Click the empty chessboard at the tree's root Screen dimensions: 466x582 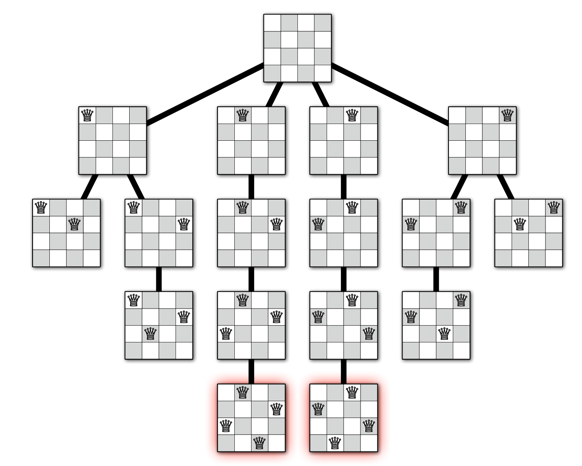click(297, 48)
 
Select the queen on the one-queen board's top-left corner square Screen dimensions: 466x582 click(87, 115)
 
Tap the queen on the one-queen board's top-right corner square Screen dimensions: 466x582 click(507, 115)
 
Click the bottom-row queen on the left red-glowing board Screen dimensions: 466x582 click(259, 443)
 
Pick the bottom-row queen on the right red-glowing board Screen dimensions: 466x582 click(335, 443)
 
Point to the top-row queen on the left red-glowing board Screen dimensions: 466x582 click(242, 392)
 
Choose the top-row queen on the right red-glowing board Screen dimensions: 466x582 click(352, 392)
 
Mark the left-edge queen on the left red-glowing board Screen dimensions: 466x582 click(226, 426)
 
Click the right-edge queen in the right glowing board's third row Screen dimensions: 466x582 click(369, 426)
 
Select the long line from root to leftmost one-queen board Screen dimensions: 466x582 click(205, 94)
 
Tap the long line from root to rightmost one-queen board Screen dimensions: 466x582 click(390, 94)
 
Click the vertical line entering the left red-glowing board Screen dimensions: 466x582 click(252, 372)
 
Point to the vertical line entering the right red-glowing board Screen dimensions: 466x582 click(344, 372)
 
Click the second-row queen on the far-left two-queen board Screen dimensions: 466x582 click(75, 224)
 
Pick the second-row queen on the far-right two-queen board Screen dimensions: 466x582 click(520, 224)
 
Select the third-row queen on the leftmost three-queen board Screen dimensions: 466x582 click(150, 333)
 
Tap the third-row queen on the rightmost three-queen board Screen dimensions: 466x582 click(445, 333)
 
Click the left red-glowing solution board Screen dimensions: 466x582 click(252, 418)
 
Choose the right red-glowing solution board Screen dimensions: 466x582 click(344, 418)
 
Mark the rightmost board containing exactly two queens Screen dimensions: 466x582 click(528, 233)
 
